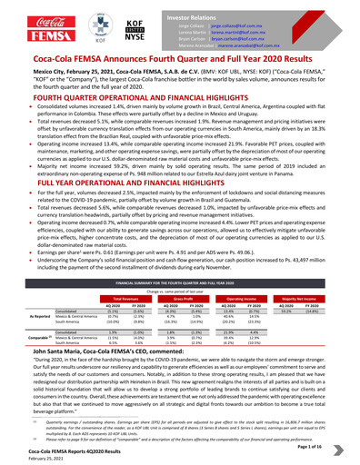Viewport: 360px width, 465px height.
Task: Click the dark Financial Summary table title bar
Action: tap(179, 284)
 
